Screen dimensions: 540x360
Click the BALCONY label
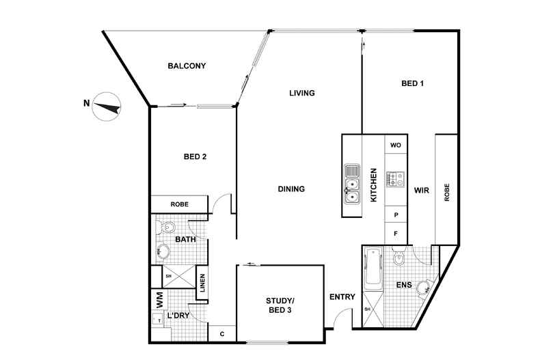(187, 66)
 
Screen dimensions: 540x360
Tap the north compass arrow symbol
(107, 107)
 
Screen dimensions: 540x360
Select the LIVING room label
(301, 93)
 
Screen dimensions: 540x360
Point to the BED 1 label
(412, 83)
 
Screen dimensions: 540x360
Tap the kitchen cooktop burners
(395, 179)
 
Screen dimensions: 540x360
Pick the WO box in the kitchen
(396, 146)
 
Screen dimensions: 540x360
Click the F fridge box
(396, 234)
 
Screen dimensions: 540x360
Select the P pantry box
(396, 214)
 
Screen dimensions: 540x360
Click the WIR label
(422, 191)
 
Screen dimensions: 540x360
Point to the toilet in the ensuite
(399, 256)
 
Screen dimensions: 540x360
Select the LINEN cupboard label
(202, 283)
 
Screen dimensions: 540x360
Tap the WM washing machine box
(159, 300)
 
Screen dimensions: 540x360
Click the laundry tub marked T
(159, 320)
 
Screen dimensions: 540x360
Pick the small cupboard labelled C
(222, 334)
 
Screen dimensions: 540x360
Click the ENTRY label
(342, 296)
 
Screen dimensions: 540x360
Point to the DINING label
(291, 189)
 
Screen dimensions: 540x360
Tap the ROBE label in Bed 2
(179, 204)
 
